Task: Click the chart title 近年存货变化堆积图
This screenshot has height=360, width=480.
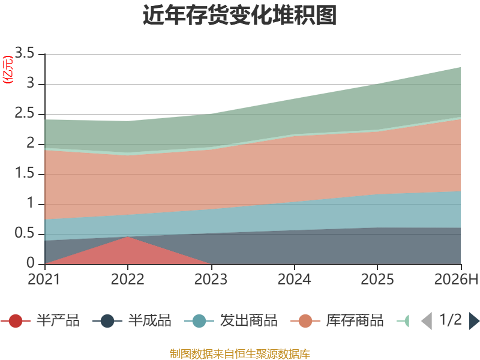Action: [x=239, y=14]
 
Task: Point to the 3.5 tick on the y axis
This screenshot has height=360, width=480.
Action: [x=25, y=53]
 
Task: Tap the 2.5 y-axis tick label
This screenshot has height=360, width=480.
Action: [x=25, y=113]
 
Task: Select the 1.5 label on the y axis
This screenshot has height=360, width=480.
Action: [x=25, y=173]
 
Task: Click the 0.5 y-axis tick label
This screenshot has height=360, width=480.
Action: [x=25, y=233]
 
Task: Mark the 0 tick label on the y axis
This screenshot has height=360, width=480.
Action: [x=31, y=263]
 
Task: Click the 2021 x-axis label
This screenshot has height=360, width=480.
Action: [x=44, y=280]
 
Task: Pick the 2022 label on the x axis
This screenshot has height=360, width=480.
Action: [x=127, y=280]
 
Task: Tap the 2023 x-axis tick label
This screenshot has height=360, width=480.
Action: [x=211, y=280]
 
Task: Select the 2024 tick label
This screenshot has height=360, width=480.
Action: [x=294, y=280]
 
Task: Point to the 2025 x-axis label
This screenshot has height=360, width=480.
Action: [x=377, y=280]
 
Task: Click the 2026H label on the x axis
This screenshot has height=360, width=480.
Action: [x=456, y=280]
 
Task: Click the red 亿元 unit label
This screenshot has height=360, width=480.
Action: [x=8, y=70]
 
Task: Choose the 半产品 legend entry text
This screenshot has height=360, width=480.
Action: [x=58, y=320]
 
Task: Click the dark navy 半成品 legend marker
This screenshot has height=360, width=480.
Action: [x=107, y=321]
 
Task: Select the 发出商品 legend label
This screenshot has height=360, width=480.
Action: [x=249, y=320]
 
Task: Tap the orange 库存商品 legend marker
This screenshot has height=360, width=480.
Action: [x=305, y=321]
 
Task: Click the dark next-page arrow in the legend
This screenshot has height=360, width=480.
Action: [x=474, y=321]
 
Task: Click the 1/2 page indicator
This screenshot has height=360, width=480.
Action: [x=451, y=320]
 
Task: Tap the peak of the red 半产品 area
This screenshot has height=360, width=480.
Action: [x=128, y=236]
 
